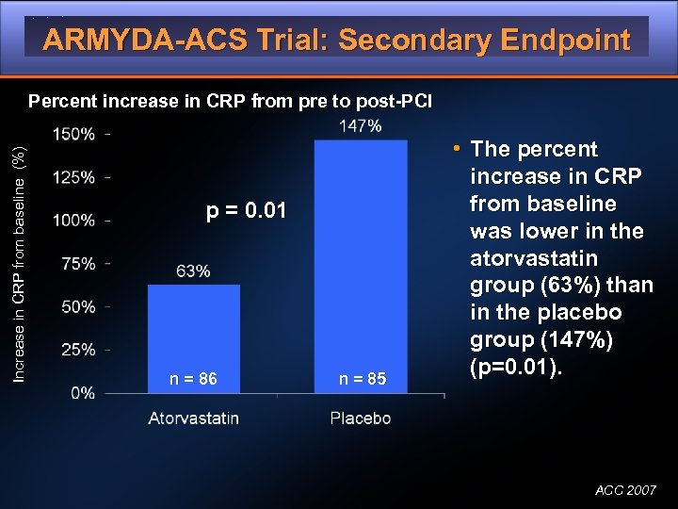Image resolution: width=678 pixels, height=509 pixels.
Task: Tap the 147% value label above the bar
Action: pyautogui.click(x=360, y=125)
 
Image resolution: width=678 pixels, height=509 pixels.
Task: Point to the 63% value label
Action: pyautogui.click(x=193, y=271)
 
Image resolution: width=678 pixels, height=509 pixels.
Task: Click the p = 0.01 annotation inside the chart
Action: pyautogui.click(x=246, y=209)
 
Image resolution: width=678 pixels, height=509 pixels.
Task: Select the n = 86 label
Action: pyautogui.click(x=193, y=379)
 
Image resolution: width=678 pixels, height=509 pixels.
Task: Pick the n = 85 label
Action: pyautogui.click(x=363, y=379)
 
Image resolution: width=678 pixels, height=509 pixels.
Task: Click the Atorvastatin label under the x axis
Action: pyautogui.click(x=194, y=418)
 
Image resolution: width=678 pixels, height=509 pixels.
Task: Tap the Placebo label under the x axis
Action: pyautogui.click(x=361, y=418)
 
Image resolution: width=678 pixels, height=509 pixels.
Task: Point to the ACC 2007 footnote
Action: pyautogui.click(x=625, y=490)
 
